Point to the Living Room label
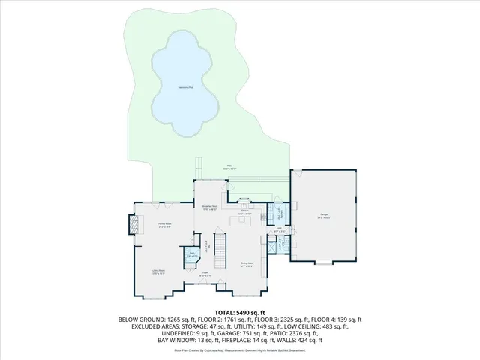tap(159, 274)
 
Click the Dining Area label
tap(246, 264)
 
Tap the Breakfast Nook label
tap(210, 208)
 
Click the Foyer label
tap(205, 276)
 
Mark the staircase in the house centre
tap(220, 251)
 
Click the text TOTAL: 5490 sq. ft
tap(240, 312)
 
